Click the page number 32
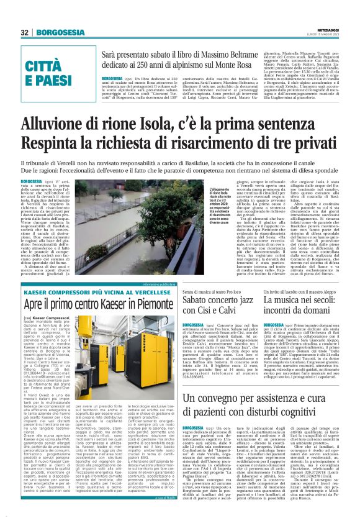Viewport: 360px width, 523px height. [x=25, y=32]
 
